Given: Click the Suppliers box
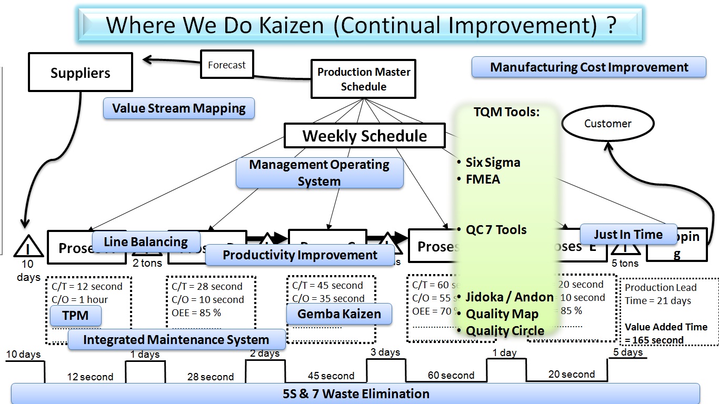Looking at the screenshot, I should tap(80, 73).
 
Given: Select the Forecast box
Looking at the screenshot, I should tap(227, 65).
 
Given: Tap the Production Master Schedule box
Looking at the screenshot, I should tap(364, 79).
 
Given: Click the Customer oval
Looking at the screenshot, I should tap(607, 124).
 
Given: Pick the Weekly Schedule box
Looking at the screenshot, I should tap(364, 136).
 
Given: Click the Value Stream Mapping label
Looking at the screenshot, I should tap(179, 108).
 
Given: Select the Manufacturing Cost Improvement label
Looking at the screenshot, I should tap(588, 67).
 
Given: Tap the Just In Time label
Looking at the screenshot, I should tap(628, 234).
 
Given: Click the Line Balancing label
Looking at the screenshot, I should tap(146, 241).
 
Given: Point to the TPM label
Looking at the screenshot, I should tap(75, 316).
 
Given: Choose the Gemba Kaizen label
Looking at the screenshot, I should tap(339, 314).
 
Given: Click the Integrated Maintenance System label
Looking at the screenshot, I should tap(176, 340).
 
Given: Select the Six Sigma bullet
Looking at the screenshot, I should tap(493, 163).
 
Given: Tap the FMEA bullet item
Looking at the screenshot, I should tap(483, 179).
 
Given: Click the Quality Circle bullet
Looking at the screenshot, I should tap(505, 331).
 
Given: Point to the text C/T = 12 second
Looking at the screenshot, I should tap(87, 287).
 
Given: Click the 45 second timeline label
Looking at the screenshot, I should tap(331, 376).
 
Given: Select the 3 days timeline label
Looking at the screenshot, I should tap(385, 352).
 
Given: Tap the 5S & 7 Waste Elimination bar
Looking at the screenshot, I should tap(356, 393).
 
